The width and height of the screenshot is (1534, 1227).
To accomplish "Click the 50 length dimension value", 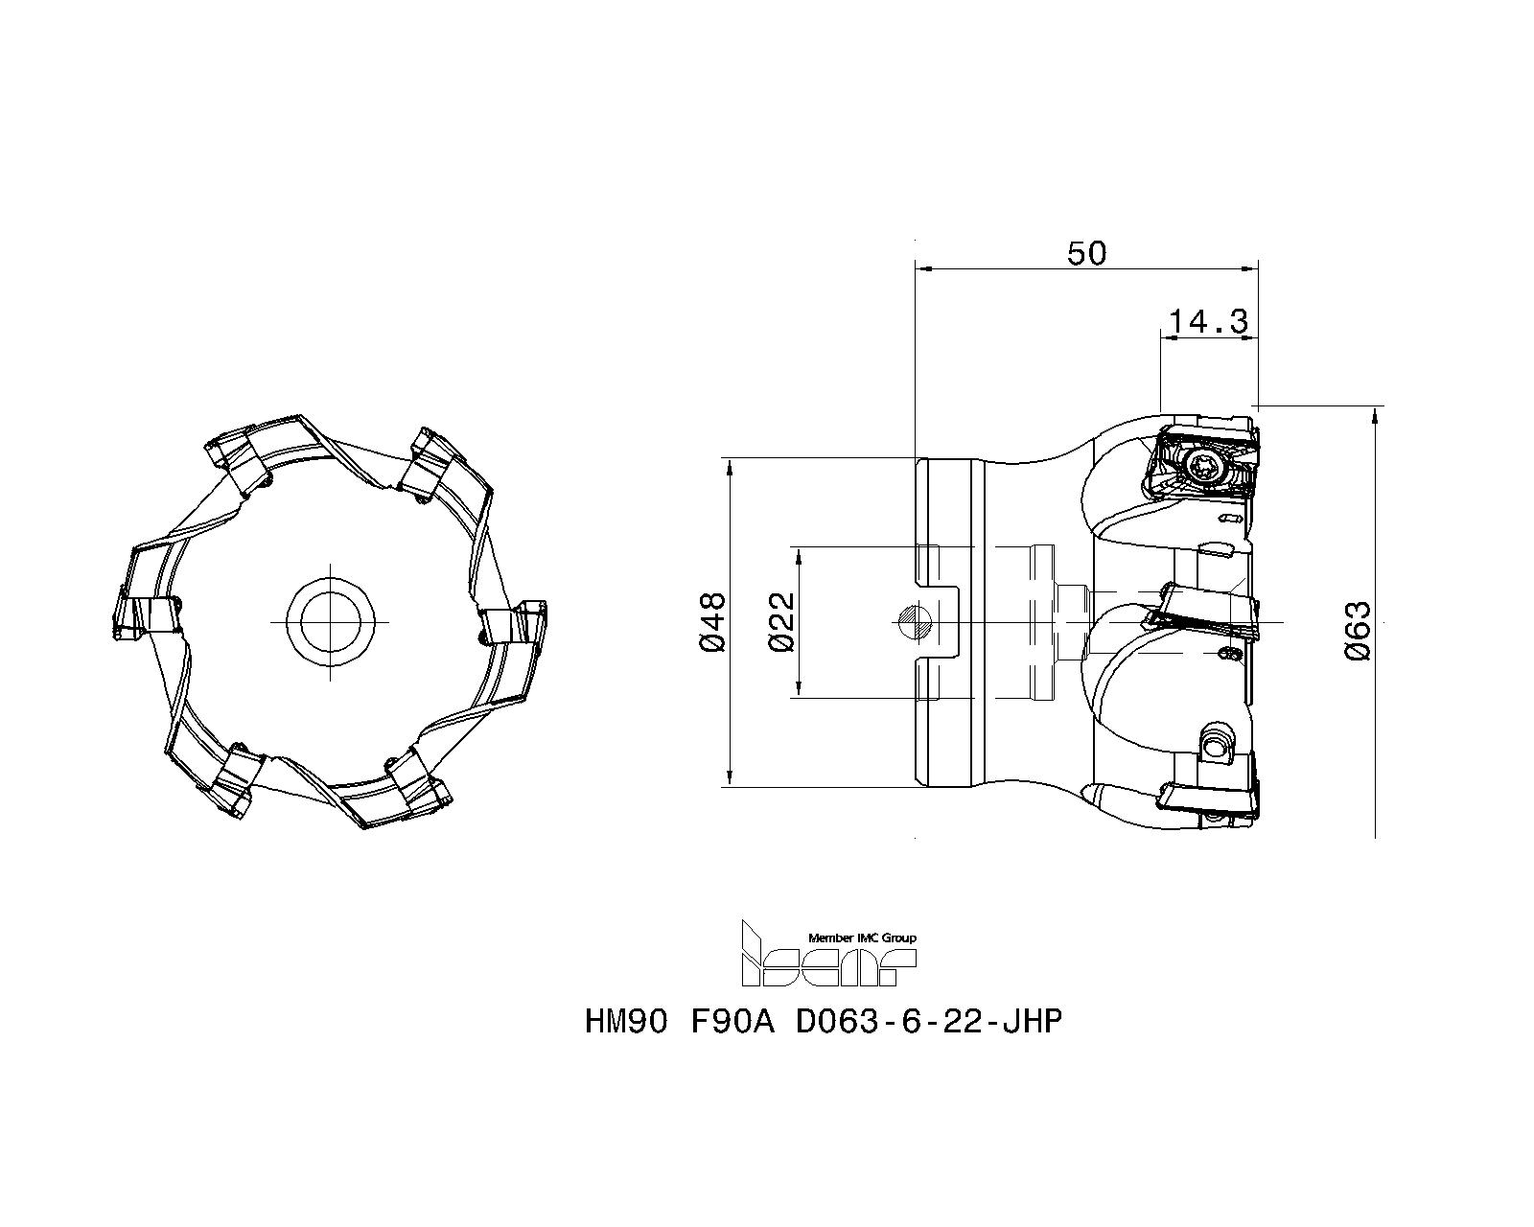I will pos(1086,253).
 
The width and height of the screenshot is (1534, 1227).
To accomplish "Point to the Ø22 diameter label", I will pos(782,621).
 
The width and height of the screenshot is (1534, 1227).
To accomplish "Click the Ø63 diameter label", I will pos(1358,630).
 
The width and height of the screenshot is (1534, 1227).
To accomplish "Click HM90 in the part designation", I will pos(625,1022).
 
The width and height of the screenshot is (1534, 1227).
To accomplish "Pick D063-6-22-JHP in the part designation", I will pos(929,1022).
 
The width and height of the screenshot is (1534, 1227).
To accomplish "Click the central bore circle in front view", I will pos(329,621).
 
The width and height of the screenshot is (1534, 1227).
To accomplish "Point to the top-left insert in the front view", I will pos(238,456).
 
